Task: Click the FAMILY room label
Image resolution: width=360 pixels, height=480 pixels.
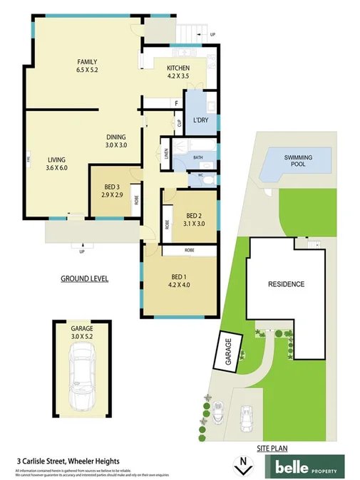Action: [x=87, y=62]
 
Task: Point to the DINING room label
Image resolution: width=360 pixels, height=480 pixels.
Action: [x=116, y=137]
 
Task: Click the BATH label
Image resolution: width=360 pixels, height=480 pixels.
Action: [x=197, y=157]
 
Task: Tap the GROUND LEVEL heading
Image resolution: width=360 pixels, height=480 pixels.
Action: [x=84, y=278]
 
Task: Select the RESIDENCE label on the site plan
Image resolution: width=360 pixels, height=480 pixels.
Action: [x=286, y=284]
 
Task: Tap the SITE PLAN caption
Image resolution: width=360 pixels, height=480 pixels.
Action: [x=273, y=448]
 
